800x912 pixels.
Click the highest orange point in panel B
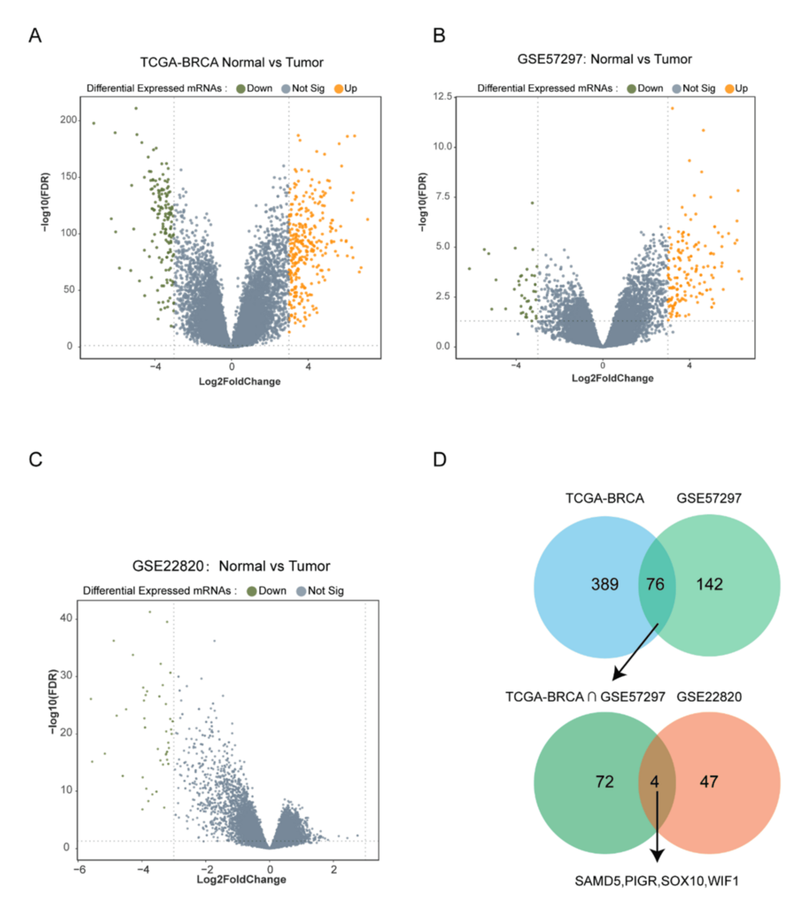point(672,108)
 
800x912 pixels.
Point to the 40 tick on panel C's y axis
point(66,618)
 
